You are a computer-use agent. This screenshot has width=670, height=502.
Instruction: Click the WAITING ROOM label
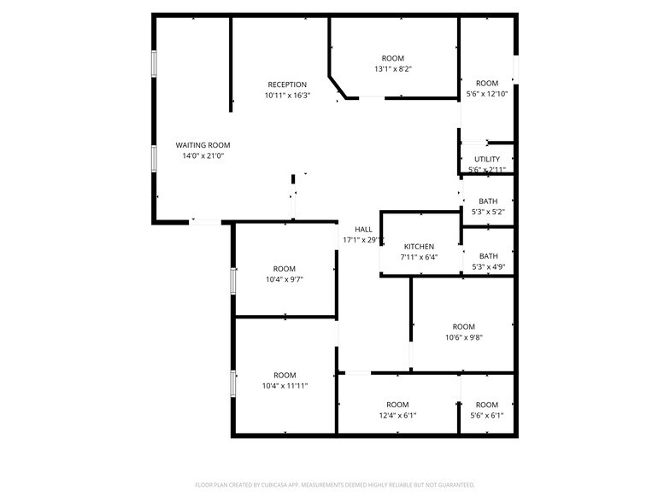203,145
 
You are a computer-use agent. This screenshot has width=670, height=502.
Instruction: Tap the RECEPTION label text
287,85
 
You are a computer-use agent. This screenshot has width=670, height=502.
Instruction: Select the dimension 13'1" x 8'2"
393,69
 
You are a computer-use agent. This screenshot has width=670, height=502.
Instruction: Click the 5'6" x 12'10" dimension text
487,94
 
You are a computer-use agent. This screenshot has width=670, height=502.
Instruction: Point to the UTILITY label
487,159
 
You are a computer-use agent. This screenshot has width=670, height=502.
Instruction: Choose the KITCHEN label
419,246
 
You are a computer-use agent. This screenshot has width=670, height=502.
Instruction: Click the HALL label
364,229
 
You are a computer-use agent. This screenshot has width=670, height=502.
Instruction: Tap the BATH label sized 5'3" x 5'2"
488,201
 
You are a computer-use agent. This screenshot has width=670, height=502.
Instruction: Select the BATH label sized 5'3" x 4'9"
488,256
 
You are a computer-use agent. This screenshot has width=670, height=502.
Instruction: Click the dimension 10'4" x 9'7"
285,279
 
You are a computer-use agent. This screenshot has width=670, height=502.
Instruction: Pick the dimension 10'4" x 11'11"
285,386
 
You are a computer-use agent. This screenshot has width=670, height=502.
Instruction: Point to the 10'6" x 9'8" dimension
463,337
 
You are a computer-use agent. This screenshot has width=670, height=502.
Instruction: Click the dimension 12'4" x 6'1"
397,416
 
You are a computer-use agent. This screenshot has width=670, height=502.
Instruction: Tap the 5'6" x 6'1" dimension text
487,416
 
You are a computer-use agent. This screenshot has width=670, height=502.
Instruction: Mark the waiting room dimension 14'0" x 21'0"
203,156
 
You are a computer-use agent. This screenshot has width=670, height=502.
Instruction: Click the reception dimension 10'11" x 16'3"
287,96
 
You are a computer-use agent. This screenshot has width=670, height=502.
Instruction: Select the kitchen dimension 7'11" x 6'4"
419,257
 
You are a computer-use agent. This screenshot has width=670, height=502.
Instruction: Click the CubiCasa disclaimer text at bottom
335,484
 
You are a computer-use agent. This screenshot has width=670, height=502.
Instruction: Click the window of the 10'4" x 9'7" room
232,280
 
